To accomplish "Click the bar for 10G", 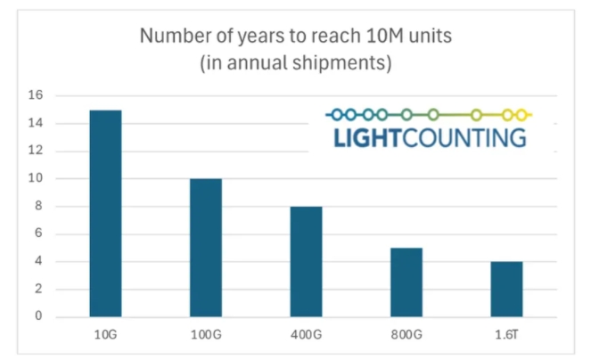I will click(105, 213).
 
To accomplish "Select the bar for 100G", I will click(205, 248).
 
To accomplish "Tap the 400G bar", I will click(306, 261).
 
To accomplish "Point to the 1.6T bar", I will click(506, 289).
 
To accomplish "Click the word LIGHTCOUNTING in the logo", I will click(430, 139).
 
